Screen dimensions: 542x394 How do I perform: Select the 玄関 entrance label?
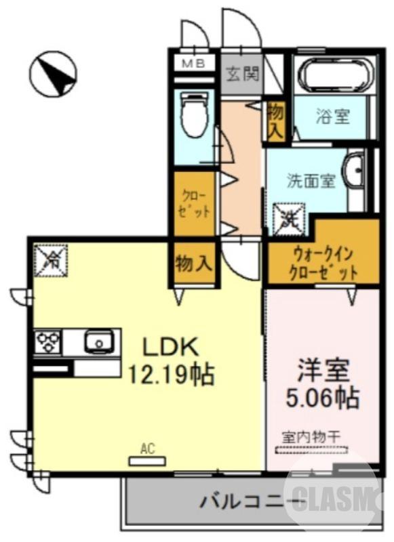(242, 73)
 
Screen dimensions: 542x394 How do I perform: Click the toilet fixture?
(194, 115)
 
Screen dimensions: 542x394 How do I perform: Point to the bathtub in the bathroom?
(334, 77)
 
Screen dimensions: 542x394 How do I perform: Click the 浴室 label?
(332, 116)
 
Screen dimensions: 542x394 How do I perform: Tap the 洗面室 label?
(311, 181)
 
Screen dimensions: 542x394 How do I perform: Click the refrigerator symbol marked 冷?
(51, 259)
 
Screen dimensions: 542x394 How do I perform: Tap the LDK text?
(170, 347)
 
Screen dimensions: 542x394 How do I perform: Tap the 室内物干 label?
(311, 437)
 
